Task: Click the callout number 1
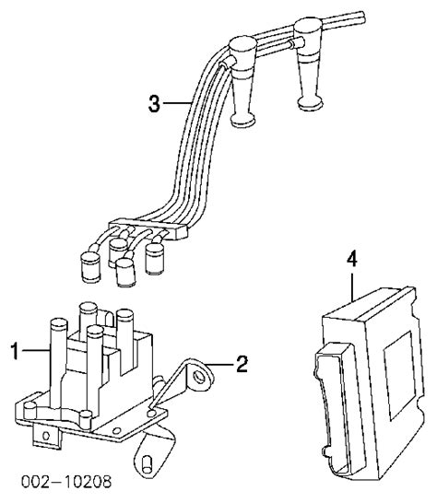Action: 15,351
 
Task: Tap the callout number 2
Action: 242,364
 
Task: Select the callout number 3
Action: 154,103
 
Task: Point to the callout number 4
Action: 352,260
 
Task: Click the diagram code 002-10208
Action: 66,482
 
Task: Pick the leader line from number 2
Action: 220,365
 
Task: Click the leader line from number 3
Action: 177,103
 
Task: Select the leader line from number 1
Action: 36,350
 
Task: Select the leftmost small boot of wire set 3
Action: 91,267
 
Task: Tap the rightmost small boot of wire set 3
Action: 155,259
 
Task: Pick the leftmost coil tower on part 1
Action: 58,364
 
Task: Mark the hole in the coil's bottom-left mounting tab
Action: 46,436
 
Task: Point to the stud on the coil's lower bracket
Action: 148,464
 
